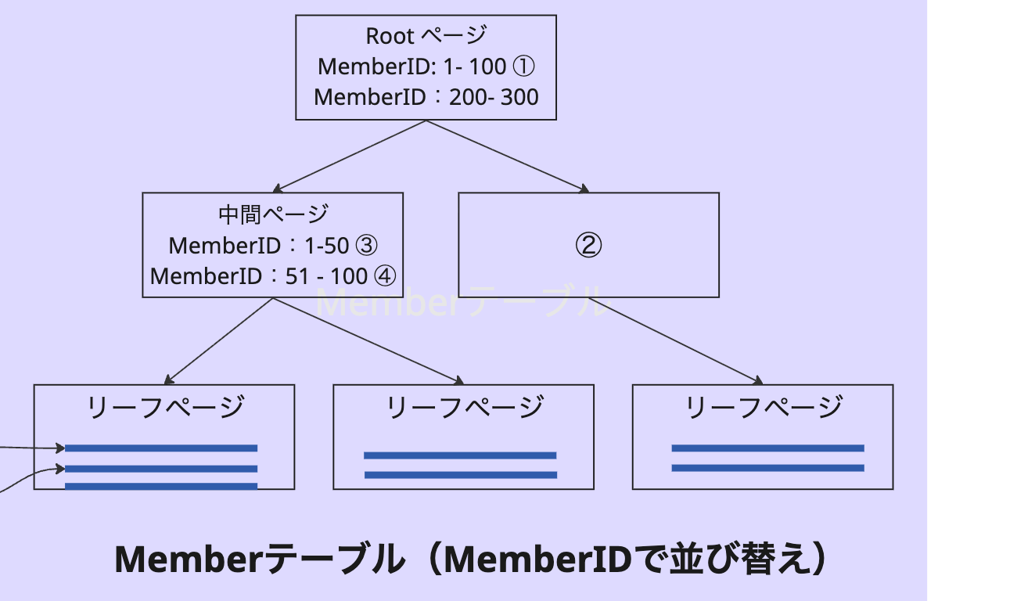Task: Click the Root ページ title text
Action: click(426, 36)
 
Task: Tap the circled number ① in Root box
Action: click(523, 67)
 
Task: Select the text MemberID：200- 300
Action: click(426, 97)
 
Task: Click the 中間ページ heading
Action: click(272, 214)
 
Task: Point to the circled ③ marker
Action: click(367, 246)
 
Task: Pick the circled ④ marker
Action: click(385, 276)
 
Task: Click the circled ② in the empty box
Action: click(588, 246)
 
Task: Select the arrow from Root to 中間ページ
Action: click(350, 156)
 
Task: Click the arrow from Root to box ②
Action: click(507, 156)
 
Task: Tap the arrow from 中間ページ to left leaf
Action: click(219, 340)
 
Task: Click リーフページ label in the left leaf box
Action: click(164, 407)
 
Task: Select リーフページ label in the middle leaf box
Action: click(464, 407)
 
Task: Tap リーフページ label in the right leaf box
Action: click(763, 407)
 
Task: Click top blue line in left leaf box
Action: click(161, 448)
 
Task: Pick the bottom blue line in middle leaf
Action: click(461, 475)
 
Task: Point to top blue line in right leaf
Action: click(767, 448)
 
